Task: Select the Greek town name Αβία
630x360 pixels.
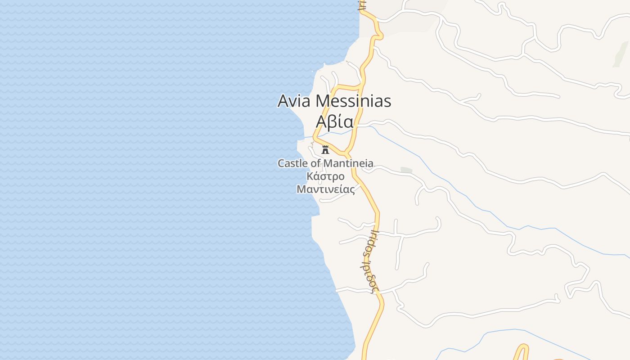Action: coord(334,121)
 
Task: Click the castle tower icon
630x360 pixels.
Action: coord(325,150)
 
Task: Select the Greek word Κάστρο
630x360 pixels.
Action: coord(325,176)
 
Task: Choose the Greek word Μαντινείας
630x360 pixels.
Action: coord(325,189)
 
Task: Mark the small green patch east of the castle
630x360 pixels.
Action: coord(406,170)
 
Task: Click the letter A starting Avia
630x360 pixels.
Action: coord(283,101)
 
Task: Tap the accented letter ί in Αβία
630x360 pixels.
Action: coord(338,121)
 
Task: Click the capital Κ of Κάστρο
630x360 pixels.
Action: coord(310,176)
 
